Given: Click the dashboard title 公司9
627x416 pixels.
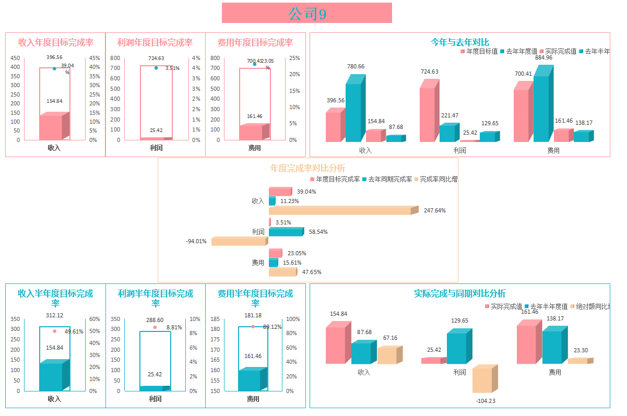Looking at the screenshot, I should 307,14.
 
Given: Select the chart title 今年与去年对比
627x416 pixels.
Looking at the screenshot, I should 459,42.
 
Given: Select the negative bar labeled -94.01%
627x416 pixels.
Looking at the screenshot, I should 239,242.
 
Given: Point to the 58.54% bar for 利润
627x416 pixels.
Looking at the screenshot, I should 285,232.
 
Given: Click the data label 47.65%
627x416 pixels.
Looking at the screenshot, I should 312,272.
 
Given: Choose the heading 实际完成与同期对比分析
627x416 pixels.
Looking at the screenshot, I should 459,294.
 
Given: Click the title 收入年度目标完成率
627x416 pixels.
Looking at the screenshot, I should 55,43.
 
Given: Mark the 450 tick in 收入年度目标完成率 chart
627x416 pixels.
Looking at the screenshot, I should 15,58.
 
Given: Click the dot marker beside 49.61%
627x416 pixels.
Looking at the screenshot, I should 54,331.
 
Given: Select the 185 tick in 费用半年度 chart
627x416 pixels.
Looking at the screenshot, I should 216,319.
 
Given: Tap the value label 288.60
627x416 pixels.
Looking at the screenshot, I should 155,320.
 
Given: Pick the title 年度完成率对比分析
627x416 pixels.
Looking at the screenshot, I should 307,168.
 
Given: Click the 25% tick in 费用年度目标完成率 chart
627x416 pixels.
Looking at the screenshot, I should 294,58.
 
